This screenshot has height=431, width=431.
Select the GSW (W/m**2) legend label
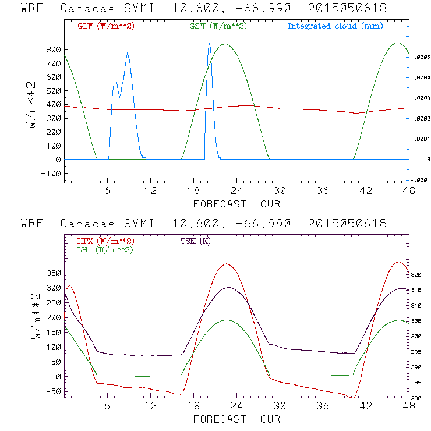pos(217,26)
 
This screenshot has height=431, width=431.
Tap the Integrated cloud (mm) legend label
pos(335,26)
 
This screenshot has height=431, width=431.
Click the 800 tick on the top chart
pos(54,50)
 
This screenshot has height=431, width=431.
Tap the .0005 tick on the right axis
pos(419,58)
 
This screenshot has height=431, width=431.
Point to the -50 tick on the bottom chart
pos(54,391)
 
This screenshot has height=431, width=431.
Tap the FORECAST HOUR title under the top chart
pos(236,204)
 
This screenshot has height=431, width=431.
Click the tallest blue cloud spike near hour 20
pos(209,44)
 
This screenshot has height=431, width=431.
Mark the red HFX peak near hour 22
pos(227,264)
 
